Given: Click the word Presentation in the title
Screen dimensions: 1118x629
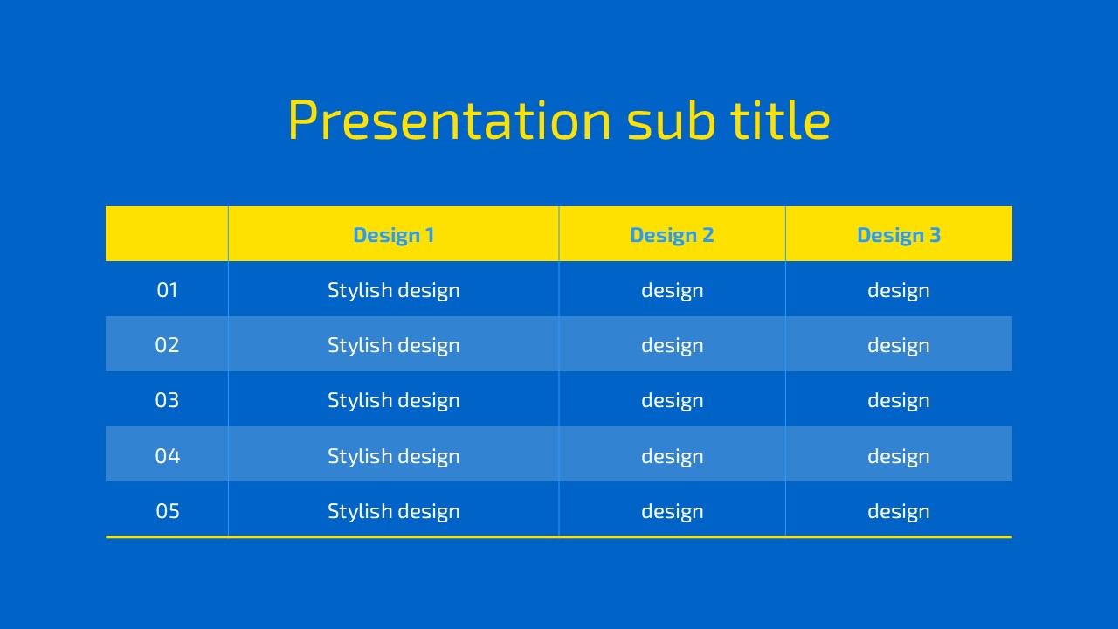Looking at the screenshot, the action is click(x=450, y=120).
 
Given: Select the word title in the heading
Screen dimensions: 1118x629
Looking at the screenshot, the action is click(x=781, y=120).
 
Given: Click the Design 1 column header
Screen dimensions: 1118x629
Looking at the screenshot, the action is click(x=393, y=235).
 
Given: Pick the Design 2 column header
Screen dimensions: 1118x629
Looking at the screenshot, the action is click(x=672, y=235).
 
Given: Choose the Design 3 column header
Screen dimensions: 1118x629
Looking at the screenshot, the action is click(x=899, y=235).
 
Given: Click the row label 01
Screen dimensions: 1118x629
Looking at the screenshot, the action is click(x=167, y=290).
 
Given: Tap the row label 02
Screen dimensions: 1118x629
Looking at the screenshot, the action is click(x=167, y=345).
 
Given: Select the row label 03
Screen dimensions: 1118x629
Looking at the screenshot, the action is click(x=167, y=400).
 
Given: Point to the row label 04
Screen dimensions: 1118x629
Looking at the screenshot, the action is click(x=167, y=456).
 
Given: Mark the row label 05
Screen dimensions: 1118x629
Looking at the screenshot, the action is click(x=167, y=511).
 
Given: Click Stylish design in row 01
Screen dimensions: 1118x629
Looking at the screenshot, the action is click(x=393, y=291).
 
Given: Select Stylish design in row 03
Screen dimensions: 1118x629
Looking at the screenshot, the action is click(x=393, y=401).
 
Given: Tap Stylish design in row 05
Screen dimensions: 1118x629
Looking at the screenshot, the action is click(x=393, y=512).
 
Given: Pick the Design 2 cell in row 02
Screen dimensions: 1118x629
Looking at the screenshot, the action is click(x=672, y=346).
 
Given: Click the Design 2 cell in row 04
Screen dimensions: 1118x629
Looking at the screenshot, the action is click(x=672, y=457).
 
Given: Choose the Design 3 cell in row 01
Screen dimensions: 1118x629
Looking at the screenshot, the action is click(x=899, y=291).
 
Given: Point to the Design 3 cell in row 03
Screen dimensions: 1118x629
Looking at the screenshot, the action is click(x=899, y=401).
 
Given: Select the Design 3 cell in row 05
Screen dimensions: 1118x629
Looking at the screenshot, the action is click(x=899, y=512).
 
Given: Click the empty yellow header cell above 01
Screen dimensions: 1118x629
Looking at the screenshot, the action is click(x=167, y=233).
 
